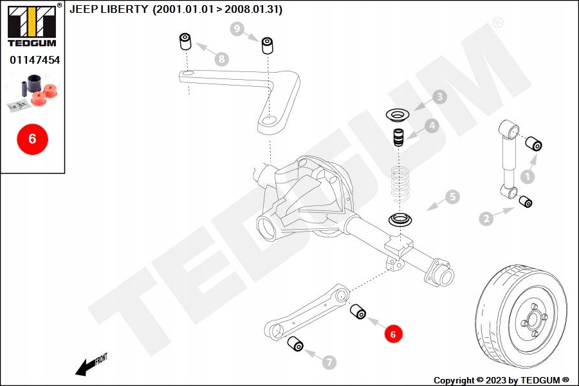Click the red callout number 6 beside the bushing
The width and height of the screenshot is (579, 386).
tap(393, 334)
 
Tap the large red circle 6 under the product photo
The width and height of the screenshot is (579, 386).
tap(33, 139)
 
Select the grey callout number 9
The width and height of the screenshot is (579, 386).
tap(237, 29)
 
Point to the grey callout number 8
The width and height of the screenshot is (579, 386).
tap(221, 59)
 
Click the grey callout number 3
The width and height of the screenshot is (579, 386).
tap(439, 96)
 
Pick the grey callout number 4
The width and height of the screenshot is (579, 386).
tap(432, 126)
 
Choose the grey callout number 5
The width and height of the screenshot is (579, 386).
tap(453, 196)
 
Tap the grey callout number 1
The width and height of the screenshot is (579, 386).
tap(528, 176)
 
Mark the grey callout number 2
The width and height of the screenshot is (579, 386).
tap(486, 218)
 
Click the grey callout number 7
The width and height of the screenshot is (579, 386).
tap(329, 362)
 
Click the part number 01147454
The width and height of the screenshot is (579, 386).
tap(35, 60)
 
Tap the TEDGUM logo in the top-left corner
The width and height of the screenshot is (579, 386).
tap(33, 25)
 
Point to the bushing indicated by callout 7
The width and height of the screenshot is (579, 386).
tap(295, 344)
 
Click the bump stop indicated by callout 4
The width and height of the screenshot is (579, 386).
tap(398, 137)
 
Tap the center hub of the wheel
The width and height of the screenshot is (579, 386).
tap(533, 319)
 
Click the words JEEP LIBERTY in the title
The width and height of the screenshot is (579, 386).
tap(109, 9)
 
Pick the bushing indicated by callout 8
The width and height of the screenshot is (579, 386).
tap(185, 41)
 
